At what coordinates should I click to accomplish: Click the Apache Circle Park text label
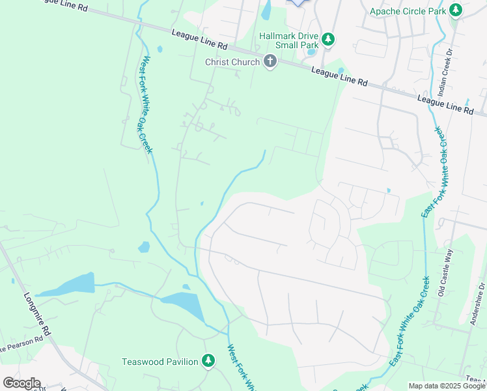click(x=407, y=11)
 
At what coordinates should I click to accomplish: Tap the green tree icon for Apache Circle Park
click(x=456, y=10)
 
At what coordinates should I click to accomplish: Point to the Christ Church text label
click(x=232, y=62)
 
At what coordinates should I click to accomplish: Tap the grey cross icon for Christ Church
click(x=270, y=62)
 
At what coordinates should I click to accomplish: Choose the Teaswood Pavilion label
click(x=160, y=361)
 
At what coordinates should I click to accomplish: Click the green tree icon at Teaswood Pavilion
click(x=208, y=361)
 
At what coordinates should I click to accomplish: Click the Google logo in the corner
click(x=21, y=383)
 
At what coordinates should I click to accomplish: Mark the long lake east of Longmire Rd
click(x=66, y=285)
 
